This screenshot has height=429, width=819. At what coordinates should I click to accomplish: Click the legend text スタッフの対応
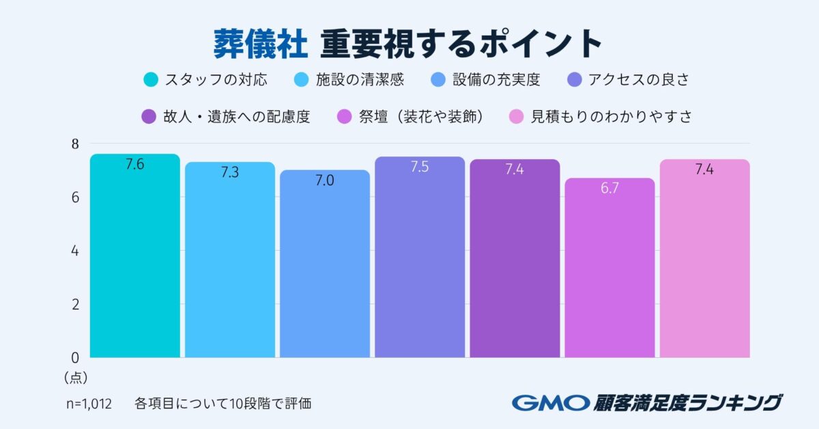pos(216,80)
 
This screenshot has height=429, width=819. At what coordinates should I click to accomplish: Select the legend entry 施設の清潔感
pos(360,80)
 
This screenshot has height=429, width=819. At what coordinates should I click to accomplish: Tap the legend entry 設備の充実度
pos(496,80)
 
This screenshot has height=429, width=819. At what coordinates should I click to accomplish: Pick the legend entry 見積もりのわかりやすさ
pos(612,117)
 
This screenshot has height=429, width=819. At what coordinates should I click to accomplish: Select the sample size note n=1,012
pos(89,403)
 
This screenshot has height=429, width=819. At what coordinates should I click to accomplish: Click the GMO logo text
pos(549,402)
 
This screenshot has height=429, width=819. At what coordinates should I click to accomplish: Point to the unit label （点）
pos(76,376)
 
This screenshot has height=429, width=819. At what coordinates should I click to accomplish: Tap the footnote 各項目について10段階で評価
pos(223,403)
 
